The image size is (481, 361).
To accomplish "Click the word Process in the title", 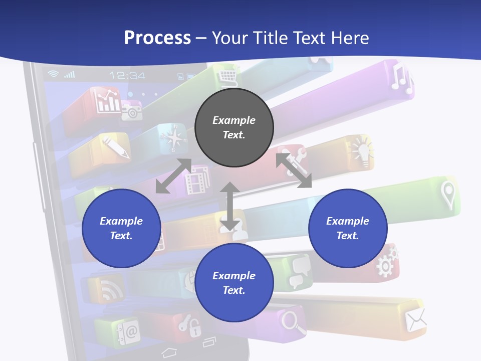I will click(157, 38).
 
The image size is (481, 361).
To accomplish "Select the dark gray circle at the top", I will click(234, 127).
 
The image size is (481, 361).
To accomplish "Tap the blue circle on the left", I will click(121, 228).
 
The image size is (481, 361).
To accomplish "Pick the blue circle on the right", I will click(348, 228).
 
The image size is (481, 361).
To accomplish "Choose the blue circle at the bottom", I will click(234, 283).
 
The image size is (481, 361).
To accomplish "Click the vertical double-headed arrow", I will click(229, 206).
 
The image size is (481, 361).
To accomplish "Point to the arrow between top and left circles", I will click(173, 176).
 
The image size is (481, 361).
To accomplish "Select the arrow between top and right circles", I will click(294, 170).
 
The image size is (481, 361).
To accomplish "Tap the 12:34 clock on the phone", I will click(127, 76).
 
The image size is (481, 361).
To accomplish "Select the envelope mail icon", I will click(415, 319).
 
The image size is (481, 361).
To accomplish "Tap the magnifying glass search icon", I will click(294, 321).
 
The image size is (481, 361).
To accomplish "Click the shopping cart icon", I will click(228, 78).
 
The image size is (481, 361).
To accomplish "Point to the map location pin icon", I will click(447, 195).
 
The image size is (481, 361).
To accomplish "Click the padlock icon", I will click(193, 326).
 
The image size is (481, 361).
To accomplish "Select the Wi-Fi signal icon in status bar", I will click(53, 74).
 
